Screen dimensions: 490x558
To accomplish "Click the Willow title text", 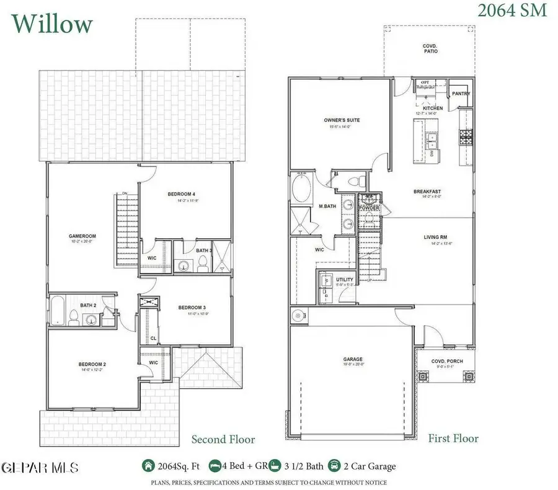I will tap(53, 24).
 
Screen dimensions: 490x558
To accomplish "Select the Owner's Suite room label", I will tap(342, 120).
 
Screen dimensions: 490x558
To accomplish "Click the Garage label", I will tap(353, 359).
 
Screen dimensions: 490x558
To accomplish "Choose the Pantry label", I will tap(461, 94).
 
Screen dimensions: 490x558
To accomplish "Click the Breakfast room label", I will tap(427, 192).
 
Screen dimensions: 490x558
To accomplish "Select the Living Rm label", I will tap(435, 237).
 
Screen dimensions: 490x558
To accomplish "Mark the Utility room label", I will tap(345, 280).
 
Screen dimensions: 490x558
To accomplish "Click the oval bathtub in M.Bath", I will tap(303, 188).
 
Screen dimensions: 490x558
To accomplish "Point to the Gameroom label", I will tap(81, 236).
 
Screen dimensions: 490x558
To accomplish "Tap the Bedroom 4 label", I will tap(182, 194).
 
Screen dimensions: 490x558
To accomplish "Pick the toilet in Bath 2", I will tap(73, 319).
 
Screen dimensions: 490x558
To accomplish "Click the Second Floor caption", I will tap(223, 440).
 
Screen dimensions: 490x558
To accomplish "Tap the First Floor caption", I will tap(453, 439).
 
